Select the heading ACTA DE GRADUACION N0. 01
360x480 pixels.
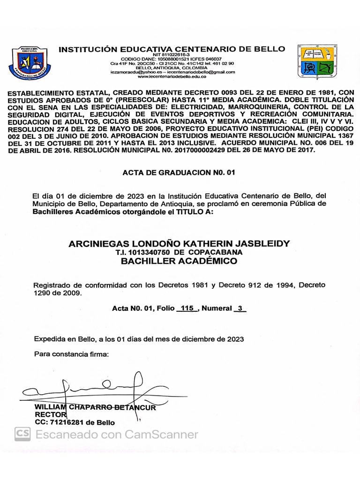tap(179, 172)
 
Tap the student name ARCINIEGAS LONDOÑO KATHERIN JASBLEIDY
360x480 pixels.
tap(179, 244)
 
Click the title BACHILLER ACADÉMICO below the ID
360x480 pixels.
tap(179, 262)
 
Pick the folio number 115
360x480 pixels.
tap(187, 308)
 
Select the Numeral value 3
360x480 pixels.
tap(240, 308)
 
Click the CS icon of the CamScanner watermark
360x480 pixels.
tap(22, 435)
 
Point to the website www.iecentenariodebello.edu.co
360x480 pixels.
tap(172, 76)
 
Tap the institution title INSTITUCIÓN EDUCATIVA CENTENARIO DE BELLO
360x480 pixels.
tap(172, 49)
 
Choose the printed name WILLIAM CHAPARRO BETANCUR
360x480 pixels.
tap(95, 407)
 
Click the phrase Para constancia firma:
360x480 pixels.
tap(71, 354)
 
